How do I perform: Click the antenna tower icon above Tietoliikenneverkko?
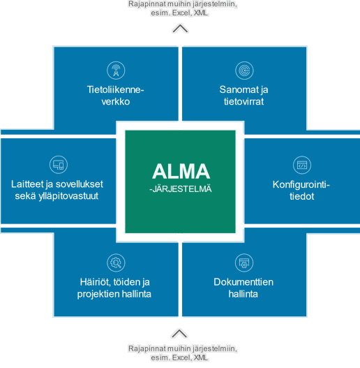[x=116, y=70]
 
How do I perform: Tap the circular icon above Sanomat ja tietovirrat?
[x=244, y=70]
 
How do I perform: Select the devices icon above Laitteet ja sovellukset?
[x=59, y=165]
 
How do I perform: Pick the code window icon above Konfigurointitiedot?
[x=302, y=165]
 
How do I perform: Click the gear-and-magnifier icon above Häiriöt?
[x=116, y=263]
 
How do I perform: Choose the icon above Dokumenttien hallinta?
[x=244, y=263]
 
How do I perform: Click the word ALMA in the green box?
[x=181, y=171]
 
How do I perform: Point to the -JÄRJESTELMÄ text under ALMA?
[x=181, y=189]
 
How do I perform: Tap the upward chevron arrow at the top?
[x=180, y=29]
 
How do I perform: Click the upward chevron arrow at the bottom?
[x=179, y=334]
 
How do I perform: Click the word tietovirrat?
[x=243, y=102]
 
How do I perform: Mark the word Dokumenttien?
[x=243, y=282]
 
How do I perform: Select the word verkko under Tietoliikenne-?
[x=116, y=102]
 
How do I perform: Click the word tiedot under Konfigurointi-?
[x=301, y=196]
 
